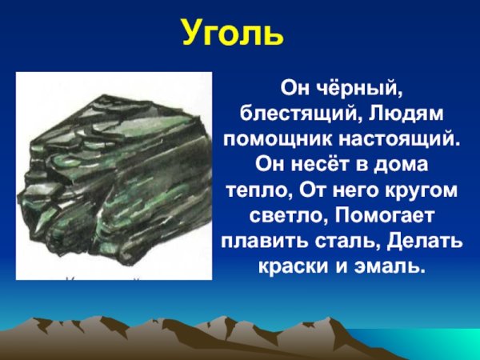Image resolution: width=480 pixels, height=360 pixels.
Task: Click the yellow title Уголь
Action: pyautogui.click(x=232, y=34)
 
